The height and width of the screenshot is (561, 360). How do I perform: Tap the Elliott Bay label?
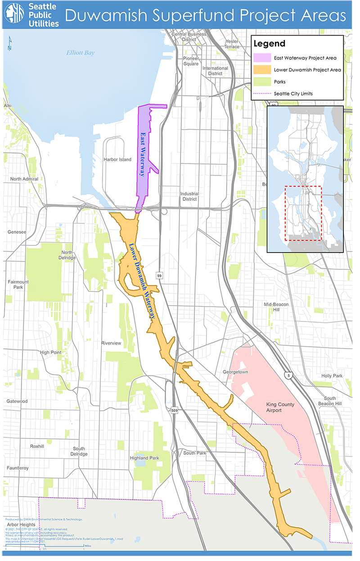point(81,53)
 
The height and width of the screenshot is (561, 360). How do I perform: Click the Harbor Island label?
point(117,159)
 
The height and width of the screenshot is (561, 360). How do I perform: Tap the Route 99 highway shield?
point(159,275)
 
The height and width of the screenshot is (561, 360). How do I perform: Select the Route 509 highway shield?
point(174,411)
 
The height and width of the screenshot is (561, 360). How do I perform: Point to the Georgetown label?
point(235,372)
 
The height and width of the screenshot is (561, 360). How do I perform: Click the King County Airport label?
point(280,407)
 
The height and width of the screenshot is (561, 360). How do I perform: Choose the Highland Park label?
point(144,458)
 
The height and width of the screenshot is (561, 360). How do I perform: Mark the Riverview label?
point(111,343)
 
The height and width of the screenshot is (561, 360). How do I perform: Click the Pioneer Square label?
point(191,61)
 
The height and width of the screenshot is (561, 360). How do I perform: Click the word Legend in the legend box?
point(270,44)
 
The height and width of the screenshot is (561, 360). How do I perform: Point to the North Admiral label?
point(25,179)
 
